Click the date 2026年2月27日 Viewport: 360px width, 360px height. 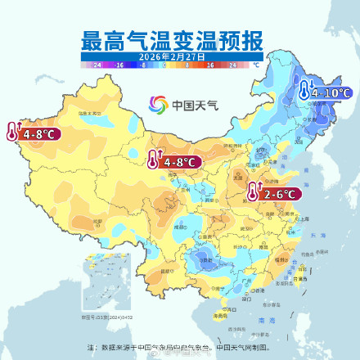coord(171,56)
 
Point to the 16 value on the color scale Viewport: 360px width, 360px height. coord(209,63)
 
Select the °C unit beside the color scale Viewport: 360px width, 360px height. coord(255,63)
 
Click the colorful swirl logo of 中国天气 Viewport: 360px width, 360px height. coord(158,105)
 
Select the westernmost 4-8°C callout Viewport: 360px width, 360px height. coord(39,133)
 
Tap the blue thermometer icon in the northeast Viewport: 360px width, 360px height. coord(306,91)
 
